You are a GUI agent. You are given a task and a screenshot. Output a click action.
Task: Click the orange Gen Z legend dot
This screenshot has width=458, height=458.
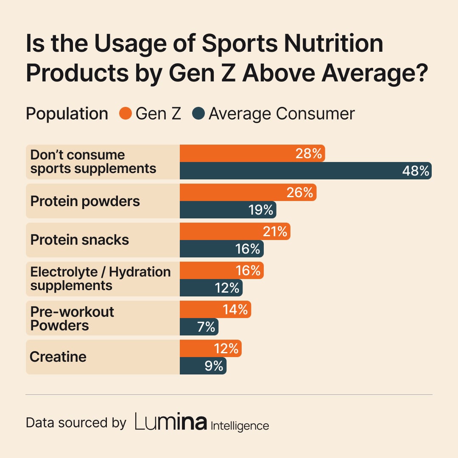[126, 114]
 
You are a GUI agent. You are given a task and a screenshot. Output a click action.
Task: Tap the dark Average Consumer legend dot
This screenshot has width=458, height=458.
[198, 114]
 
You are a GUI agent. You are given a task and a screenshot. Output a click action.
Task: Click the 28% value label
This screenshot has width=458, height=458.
[309, 154]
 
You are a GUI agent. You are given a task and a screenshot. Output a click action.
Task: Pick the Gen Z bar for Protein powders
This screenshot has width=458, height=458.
[248, 193]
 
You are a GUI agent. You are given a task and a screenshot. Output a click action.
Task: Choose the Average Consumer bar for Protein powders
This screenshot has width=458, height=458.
[228, 210]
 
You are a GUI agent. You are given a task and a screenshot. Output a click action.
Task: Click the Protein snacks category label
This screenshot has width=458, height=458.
[80, 240]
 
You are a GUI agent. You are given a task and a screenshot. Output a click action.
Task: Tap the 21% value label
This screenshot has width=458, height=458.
[274, 232]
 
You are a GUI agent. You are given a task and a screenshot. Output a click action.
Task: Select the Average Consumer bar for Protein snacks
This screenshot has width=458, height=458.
[221, 249]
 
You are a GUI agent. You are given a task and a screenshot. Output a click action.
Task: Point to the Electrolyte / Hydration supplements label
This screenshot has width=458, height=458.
[101, 279]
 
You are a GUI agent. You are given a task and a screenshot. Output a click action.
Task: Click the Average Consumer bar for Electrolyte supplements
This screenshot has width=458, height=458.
[211, 288]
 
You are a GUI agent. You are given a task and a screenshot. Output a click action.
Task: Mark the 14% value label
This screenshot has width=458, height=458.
[235, 310]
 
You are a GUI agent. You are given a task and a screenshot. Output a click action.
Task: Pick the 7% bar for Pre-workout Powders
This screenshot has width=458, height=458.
[199, 327]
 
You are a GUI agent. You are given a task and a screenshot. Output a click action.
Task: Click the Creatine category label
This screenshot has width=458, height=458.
[58, 357]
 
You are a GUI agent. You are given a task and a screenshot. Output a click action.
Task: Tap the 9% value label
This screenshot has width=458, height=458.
[214, 366]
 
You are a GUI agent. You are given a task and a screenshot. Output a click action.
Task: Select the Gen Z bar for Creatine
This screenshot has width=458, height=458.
[210, 349]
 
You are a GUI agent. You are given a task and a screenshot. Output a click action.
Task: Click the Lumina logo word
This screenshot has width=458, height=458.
[171, 422]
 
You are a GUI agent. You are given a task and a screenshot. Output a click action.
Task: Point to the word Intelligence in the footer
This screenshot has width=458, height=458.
[240, 425]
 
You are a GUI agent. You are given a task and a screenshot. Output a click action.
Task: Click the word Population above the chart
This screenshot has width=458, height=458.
[67, 114]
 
